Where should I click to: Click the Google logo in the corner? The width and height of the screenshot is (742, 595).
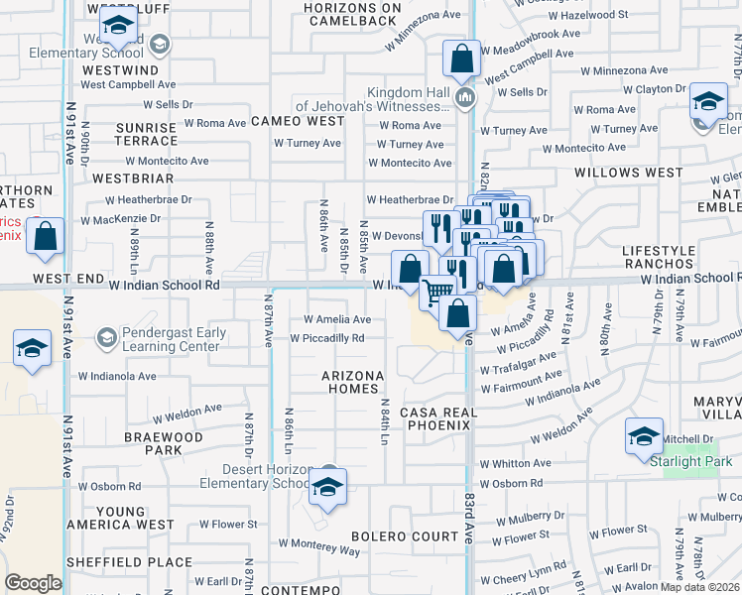point(33,582)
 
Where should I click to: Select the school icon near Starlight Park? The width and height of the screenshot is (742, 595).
point(644,435)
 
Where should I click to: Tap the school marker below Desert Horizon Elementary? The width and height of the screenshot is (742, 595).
point(325,486)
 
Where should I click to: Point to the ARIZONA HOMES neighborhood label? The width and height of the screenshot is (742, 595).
point(352,383)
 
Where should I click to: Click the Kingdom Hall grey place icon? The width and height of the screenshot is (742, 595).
point(465,96)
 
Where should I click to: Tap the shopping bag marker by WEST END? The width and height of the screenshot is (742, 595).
point(46,237)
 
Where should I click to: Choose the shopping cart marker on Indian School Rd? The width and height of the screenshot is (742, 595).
point(436,292)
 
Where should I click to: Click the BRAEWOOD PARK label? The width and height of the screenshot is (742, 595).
point(164,443)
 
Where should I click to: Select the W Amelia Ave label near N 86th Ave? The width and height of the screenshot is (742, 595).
point(337,319)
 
